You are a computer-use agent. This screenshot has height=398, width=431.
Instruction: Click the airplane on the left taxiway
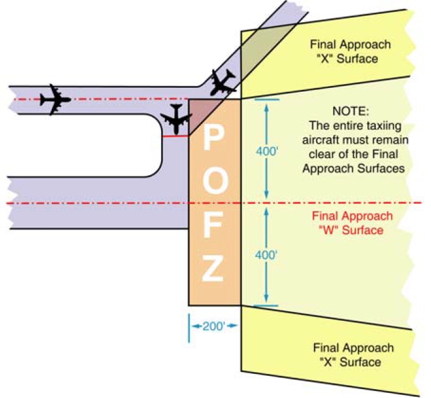click(54, 99)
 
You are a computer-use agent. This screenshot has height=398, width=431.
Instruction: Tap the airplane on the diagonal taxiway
click(221, 82)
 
